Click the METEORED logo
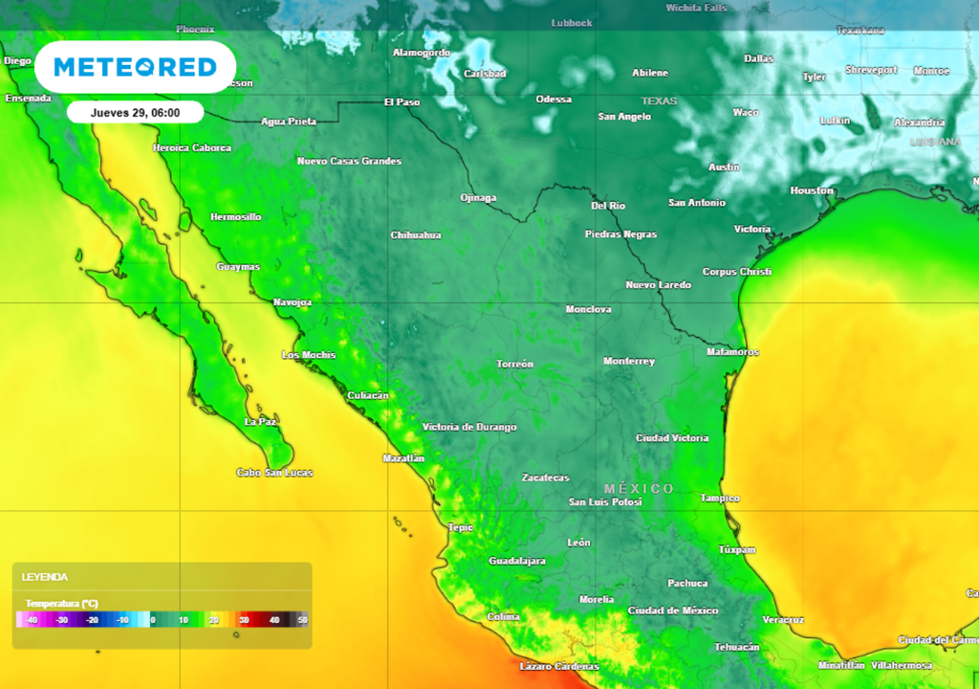135,67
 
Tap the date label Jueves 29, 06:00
135,112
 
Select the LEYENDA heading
45,577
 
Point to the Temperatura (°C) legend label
61,604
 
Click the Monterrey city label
629,361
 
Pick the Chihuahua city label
416,234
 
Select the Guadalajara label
517,561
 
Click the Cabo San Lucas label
274,473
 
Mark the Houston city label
812,190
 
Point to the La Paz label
261,421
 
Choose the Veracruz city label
783,619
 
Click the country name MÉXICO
639,488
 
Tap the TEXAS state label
659,100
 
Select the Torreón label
515,365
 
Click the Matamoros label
732,352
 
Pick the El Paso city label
402,101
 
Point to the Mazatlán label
403,458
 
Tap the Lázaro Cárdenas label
559,666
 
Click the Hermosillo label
235,217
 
